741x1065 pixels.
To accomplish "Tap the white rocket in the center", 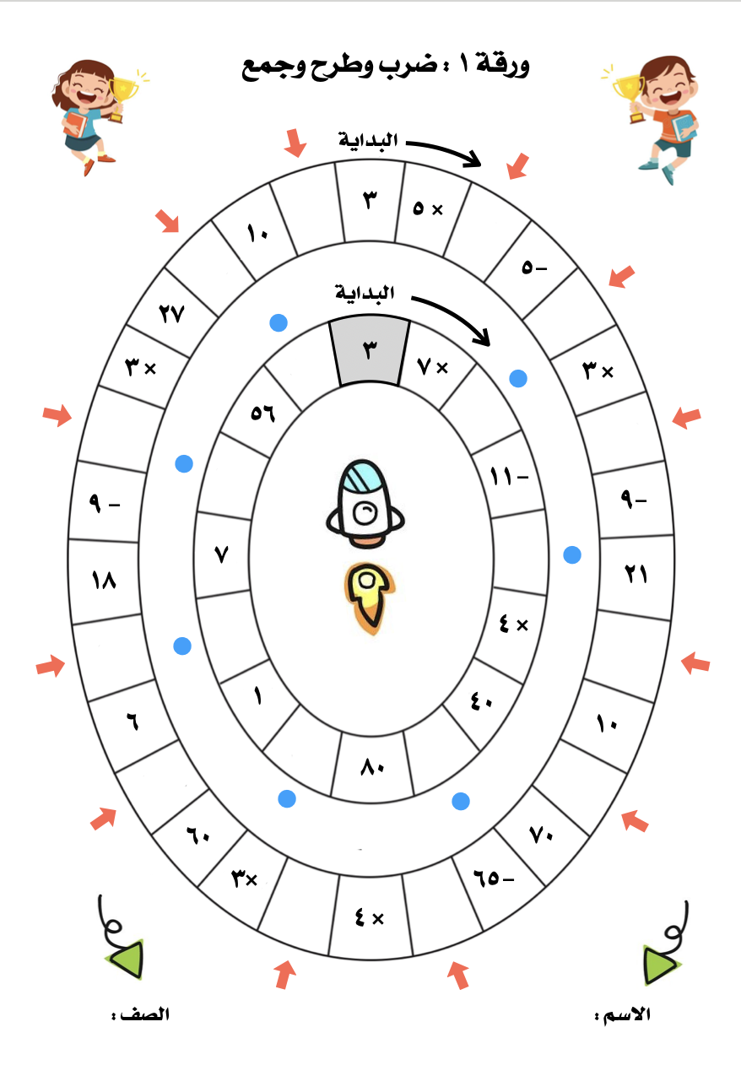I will [365, 500].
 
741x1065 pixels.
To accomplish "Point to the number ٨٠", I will [371, 768].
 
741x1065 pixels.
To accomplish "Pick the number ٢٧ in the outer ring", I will [171, 314].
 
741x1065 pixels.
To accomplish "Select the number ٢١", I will [636, 575].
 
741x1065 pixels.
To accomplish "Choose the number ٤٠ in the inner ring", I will [482, 703].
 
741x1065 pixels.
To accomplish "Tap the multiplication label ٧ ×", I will [433, 366].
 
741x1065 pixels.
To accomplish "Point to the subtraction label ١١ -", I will [509, 478].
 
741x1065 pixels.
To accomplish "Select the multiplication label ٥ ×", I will [427, 208].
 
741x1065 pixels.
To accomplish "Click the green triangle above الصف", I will [127, 959].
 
